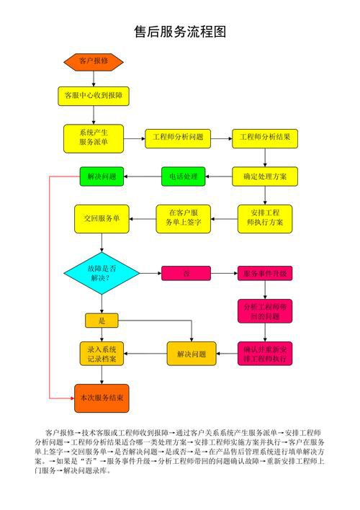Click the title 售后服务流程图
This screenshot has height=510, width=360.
[x=181, y=32]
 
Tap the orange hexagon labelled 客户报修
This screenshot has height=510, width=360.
[x=93, y=61]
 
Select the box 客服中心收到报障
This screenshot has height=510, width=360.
[x=93, y=95]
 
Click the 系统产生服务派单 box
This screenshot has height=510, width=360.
[x=93, y=137]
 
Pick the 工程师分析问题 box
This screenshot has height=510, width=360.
[x=177, y=137]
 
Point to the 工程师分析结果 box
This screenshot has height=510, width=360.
[x=264, y=137]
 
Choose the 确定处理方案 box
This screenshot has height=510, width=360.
[x=264, y=176]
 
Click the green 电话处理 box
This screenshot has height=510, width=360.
[x=183, y=176]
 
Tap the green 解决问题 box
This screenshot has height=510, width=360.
[x=102, y=176]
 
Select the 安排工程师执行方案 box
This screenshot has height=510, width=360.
[x=265, y=218]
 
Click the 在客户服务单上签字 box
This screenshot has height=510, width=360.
[x=183, y=218]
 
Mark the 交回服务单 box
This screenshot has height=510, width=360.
[x=102, y=218]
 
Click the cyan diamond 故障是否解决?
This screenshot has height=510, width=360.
[x=102, y=273]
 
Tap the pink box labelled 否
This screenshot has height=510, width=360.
[x=186, y=273]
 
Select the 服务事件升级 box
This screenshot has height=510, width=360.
[x=264, y=273]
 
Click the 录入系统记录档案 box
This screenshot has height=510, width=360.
[x=102, y=354]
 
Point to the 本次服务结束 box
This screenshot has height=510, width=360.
[x=102, y=397]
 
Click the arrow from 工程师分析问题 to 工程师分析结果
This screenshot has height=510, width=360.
[x=220, y=137]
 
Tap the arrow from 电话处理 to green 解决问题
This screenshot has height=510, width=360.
[x=143, y=176]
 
